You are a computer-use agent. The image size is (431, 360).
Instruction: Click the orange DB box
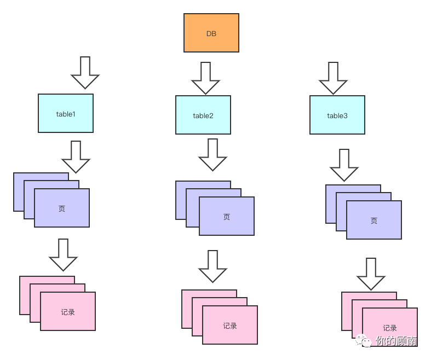click(211, 33)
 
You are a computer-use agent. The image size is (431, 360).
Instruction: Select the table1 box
click(66, 113)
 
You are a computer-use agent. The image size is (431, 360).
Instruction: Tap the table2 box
click(203, 115)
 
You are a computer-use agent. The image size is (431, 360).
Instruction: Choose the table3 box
click(337, 115)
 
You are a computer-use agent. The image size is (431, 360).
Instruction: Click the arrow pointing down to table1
click(85, 72)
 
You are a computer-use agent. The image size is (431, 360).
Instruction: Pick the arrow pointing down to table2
click(205, 78)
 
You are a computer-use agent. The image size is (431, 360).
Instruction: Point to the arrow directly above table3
click(333, 78)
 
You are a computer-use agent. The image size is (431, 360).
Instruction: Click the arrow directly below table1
click(76, 157)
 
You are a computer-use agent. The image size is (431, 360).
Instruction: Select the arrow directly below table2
click(212, 155)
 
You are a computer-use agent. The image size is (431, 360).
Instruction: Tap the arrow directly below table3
click(344, 165)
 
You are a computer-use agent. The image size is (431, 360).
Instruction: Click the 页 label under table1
click(62, 208)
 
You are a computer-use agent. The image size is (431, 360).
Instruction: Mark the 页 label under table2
click(227, 217)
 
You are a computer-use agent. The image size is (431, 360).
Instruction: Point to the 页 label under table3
click(374, 220)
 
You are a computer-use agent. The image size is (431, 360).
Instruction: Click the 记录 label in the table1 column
click(68, 312)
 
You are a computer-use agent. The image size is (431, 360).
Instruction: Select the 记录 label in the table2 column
click(230, 326)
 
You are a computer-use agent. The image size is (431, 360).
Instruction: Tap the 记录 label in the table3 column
click(390, 328)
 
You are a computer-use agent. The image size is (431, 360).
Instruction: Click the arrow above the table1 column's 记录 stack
click(64, 254)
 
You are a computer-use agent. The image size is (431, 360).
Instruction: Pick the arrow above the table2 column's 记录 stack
click(212, 266)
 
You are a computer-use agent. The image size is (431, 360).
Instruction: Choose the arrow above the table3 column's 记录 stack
click(371, 274)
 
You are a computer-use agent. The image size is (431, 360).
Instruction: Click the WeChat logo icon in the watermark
click(364, 341)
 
